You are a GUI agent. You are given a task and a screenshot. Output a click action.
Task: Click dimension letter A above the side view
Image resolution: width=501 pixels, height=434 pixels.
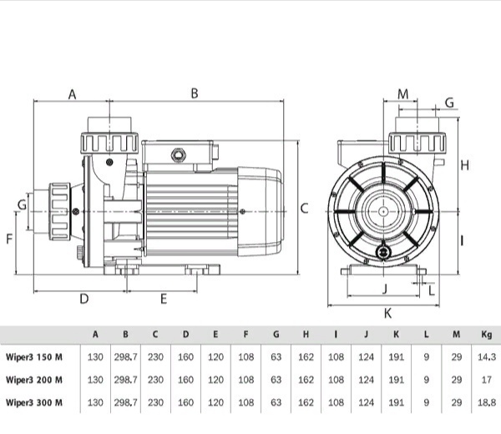pos(73,94)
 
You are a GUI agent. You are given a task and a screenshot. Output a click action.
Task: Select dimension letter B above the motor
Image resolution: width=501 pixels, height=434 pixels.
pos(195,93)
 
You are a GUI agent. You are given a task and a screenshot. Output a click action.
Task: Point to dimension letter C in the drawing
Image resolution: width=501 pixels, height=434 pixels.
pos(305,209)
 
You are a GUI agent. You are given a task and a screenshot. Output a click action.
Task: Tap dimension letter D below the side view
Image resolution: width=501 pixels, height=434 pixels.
pos(84,299)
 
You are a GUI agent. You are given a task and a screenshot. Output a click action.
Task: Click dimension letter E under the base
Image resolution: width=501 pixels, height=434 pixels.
pos(164,299)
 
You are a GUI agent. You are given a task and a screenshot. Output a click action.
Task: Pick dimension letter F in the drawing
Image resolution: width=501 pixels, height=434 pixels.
pos(9,239)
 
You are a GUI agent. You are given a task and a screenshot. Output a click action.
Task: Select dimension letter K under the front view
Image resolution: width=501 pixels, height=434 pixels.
pos(387,314)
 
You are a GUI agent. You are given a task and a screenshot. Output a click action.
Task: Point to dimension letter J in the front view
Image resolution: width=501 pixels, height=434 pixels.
pos(385,289)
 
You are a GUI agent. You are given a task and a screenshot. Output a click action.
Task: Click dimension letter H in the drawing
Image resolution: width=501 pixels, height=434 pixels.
pos(465,165)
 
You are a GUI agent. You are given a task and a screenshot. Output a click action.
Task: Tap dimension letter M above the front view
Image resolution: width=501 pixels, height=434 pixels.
pos(403,94)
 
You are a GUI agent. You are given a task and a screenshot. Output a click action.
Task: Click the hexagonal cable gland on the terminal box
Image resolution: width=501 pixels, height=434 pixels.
pos(177,155)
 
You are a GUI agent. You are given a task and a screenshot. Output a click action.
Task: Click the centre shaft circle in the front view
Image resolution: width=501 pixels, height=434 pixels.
pos(383,211)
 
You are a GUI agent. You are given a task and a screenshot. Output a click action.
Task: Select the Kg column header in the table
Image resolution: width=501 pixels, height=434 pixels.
pos(486,335)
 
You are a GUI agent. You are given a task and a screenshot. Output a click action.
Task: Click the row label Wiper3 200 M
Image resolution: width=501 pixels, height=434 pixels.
pos(34,380)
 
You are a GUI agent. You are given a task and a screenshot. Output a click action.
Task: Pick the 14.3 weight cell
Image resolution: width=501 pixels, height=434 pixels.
pos(487,357)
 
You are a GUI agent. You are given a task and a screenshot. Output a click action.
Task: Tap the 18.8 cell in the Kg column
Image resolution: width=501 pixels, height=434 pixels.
pos(487,402)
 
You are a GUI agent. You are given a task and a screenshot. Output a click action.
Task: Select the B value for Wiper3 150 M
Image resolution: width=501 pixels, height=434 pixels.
pos(125,357)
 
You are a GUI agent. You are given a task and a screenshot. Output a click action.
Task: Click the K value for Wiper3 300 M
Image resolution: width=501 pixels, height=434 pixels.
pos(396,402)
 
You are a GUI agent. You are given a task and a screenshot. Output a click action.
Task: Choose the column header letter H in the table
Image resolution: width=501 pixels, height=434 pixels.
pos(306,335)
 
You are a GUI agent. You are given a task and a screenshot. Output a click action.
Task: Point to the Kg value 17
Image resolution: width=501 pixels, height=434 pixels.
pos(486,380)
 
